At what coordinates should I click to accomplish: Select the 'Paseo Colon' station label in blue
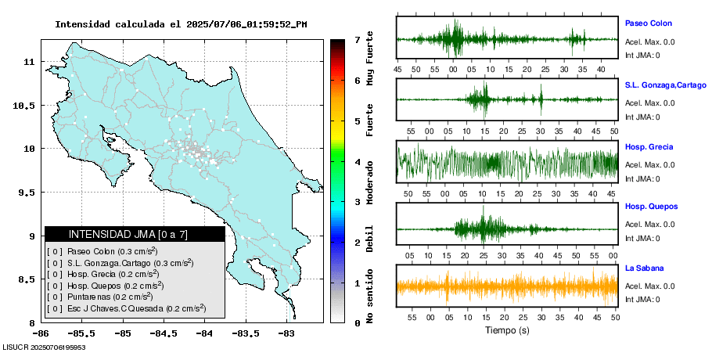click(x=648, y=23)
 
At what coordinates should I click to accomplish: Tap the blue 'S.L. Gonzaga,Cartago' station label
click(x=665, y=85)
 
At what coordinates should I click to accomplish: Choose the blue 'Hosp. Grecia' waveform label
click(x=649, y=147)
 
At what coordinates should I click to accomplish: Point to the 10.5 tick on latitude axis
click(x=27, y=105)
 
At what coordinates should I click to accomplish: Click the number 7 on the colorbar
click(x=356, y=39)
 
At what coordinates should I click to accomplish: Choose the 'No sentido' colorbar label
click(x=369, y=297)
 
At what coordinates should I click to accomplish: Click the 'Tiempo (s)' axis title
click(x=507, y=330)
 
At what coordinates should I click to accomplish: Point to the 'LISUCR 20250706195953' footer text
click(x=44, y=347)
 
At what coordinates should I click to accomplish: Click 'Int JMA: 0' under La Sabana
click(x=642, y=299)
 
